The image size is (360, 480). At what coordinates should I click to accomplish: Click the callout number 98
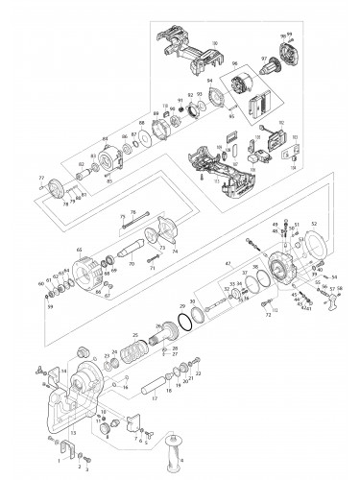tap(215, 42)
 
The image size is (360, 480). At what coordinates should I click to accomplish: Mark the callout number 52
tap(314, 222)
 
